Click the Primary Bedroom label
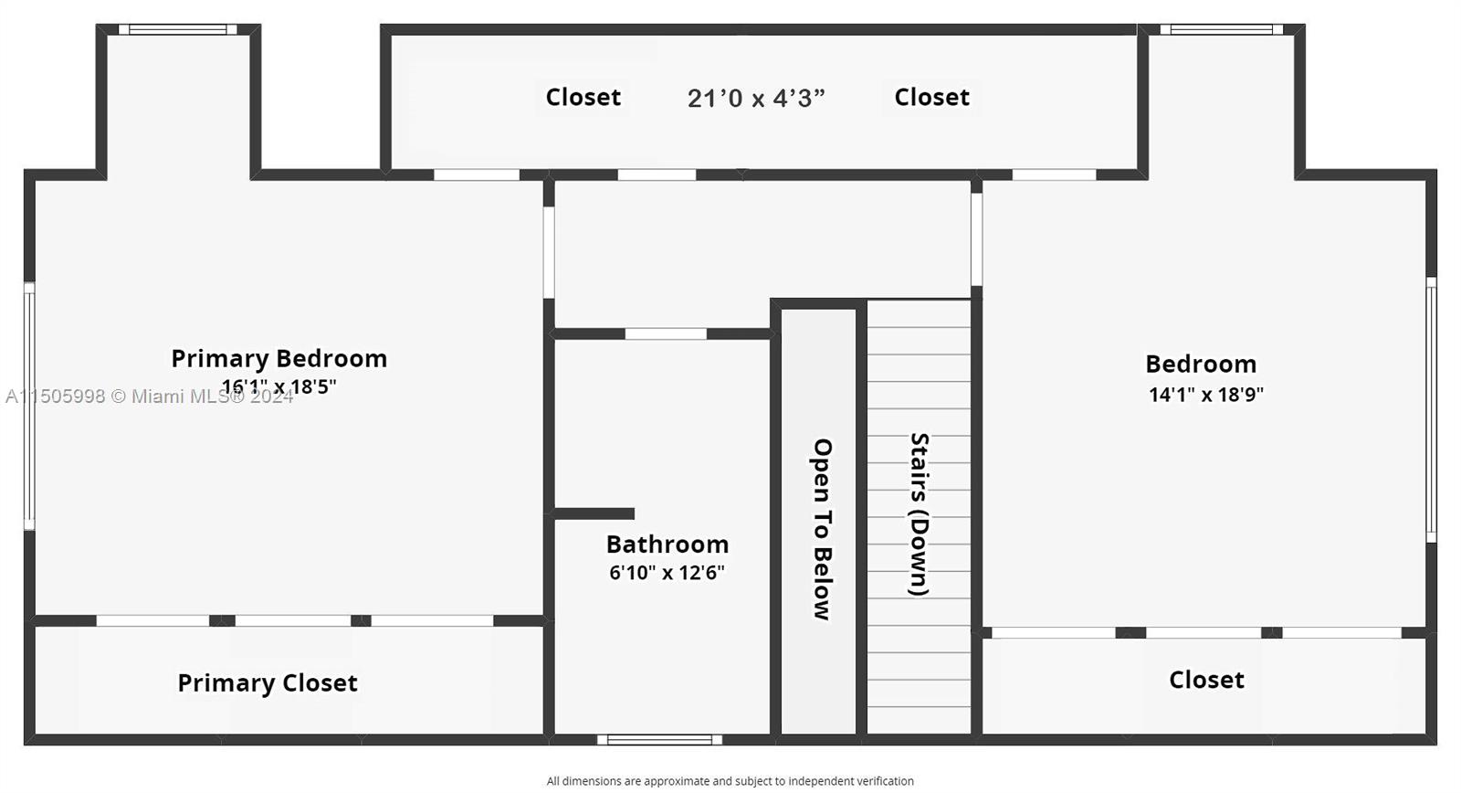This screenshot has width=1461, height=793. (x=279, y=358)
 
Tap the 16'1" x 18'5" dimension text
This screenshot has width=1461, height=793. (x=279, y=386)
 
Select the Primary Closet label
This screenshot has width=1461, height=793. (x=267, y=682)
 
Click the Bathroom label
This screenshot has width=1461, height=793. (x=667, y=545)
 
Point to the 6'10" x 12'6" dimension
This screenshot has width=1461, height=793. (x=667, y=573)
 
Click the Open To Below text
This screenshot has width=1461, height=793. (x=822, y=529)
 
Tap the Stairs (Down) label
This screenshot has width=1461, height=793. (x=919, y=513)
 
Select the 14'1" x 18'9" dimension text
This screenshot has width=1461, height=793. (x=1205, y=395)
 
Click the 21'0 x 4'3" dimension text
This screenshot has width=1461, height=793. (x=755, y=98)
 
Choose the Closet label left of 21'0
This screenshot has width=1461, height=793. (x=583, y=97)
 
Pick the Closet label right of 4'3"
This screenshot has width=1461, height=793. (x=931, y=97)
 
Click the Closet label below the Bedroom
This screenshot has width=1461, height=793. (x=1206, y=680)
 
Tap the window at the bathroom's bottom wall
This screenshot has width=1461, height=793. (x=659, y=739)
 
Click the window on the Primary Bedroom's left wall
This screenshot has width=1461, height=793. (x=29, y=406)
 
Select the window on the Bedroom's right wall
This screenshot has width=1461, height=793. (x=1431, y=409)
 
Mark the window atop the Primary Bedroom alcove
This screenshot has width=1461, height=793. (x=177, y=29)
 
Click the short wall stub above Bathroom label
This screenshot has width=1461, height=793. (x=594, y=513)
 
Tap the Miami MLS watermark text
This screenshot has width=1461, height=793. (x=150, y=396)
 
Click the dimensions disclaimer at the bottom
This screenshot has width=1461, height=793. (x=730, y=781)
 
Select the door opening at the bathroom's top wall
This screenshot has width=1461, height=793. (x=665, y=334)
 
